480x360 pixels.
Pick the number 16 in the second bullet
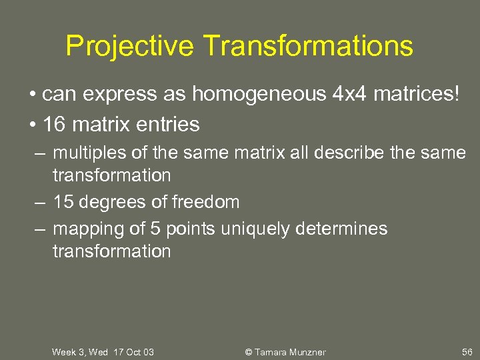52,124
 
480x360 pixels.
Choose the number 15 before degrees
63,201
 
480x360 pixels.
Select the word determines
345,229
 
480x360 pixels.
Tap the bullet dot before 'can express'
33,95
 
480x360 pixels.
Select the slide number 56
467,351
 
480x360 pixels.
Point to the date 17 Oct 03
133,351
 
